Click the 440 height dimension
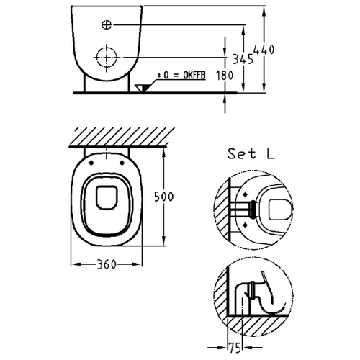[x=264, y=50]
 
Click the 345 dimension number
[x=243, y=59]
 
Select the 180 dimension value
[x=225, y=76]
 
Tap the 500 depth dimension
[x=163, y=197]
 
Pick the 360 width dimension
[x=107, y=264]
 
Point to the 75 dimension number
[x=235, y=348]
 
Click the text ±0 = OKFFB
[x=181, y=76]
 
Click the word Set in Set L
[x=242, y=154]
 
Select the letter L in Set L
[x=271, y=154]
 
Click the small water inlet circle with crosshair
[x=107, y=24]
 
